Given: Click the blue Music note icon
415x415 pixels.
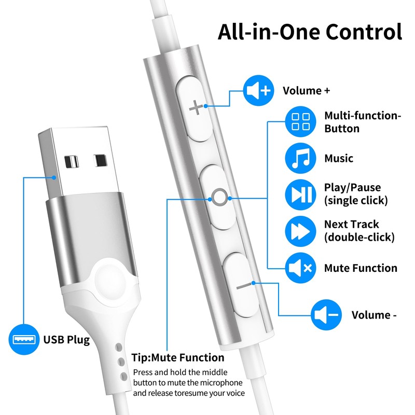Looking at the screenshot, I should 300,158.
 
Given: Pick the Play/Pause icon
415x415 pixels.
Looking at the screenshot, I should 300,193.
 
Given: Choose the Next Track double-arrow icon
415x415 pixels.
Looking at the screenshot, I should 300,231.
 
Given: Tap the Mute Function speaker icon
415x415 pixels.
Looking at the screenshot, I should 300,268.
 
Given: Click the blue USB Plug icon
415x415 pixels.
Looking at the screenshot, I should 24,340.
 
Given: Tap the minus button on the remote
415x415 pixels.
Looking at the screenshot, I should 244,285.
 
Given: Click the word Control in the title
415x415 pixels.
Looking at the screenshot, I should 363,32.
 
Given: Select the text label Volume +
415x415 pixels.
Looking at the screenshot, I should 306,91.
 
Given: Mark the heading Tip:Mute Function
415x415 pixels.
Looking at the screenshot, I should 177,358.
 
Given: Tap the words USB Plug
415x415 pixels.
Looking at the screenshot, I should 66,340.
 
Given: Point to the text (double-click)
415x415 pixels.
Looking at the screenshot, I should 359,238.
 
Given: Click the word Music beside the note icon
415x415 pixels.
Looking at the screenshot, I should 339,158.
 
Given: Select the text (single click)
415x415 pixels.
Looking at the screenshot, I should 356,200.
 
